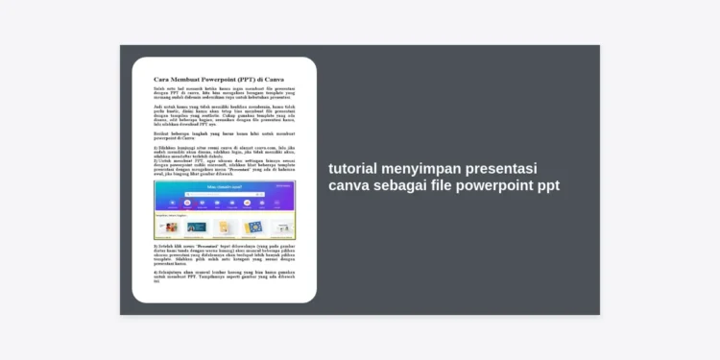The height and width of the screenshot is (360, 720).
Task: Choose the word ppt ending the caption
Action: point(547,186)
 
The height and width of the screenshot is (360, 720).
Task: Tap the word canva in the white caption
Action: point(350,186)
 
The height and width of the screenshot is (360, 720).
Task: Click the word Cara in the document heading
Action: point(160,79)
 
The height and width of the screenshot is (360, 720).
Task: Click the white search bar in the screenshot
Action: point(224,196)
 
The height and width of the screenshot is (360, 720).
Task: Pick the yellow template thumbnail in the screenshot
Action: point(225,228)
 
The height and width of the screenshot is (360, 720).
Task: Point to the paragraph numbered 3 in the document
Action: point(224,254)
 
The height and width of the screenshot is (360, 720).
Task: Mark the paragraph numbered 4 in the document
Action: point(224,276)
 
